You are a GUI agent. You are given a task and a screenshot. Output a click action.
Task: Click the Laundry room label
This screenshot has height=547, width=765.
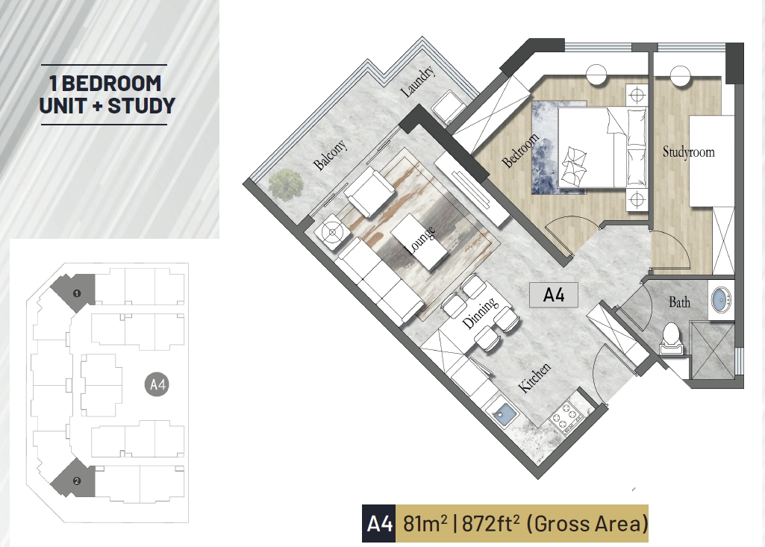point(417,81)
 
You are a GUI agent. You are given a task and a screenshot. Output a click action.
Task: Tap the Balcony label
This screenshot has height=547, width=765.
point(331,154)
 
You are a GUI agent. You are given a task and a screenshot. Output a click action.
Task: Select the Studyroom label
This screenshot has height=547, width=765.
point(688,151)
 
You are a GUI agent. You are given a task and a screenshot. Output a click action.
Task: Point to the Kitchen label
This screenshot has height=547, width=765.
point(534,378)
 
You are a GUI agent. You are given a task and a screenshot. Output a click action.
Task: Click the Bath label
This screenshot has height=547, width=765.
point(680,302)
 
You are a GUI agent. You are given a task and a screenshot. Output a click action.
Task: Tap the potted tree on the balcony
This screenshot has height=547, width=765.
point(286,184)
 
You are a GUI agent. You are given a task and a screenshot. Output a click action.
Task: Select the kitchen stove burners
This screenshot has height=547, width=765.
point(567,418)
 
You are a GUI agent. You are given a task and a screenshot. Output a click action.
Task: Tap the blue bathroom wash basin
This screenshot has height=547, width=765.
point(722,298)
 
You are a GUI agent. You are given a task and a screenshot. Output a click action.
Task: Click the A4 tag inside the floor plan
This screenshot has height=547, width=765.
point(554,296)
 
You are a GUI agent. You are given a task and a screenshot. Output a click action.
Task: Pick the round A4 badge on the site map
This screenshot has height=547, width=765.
point(157,384)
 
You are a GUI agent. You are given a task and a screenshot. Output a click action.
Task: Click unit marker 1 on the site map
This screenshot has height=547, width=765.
point(77,293)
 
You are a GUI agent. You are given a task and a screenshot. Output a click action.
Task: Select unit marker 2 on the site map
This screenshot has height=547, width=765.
point(77,481)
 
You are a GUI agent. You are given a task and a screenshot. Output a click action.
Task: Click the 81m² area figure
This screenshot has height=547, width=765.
point(425,524)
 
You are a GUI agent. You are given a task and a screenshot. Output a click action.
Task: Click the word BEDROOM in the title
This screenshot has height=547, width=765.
point(112,84)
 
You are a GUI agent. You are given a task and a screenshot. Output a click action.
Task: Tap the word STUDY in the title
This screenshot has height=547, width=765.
point(141,106)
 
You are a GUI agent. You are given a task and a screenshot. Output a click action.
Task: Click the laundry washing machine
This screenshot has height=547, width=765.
point(450,109)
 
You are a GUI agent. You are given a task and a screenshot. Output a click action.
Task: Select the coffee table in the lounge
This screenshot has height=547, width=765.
point(419,242)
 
